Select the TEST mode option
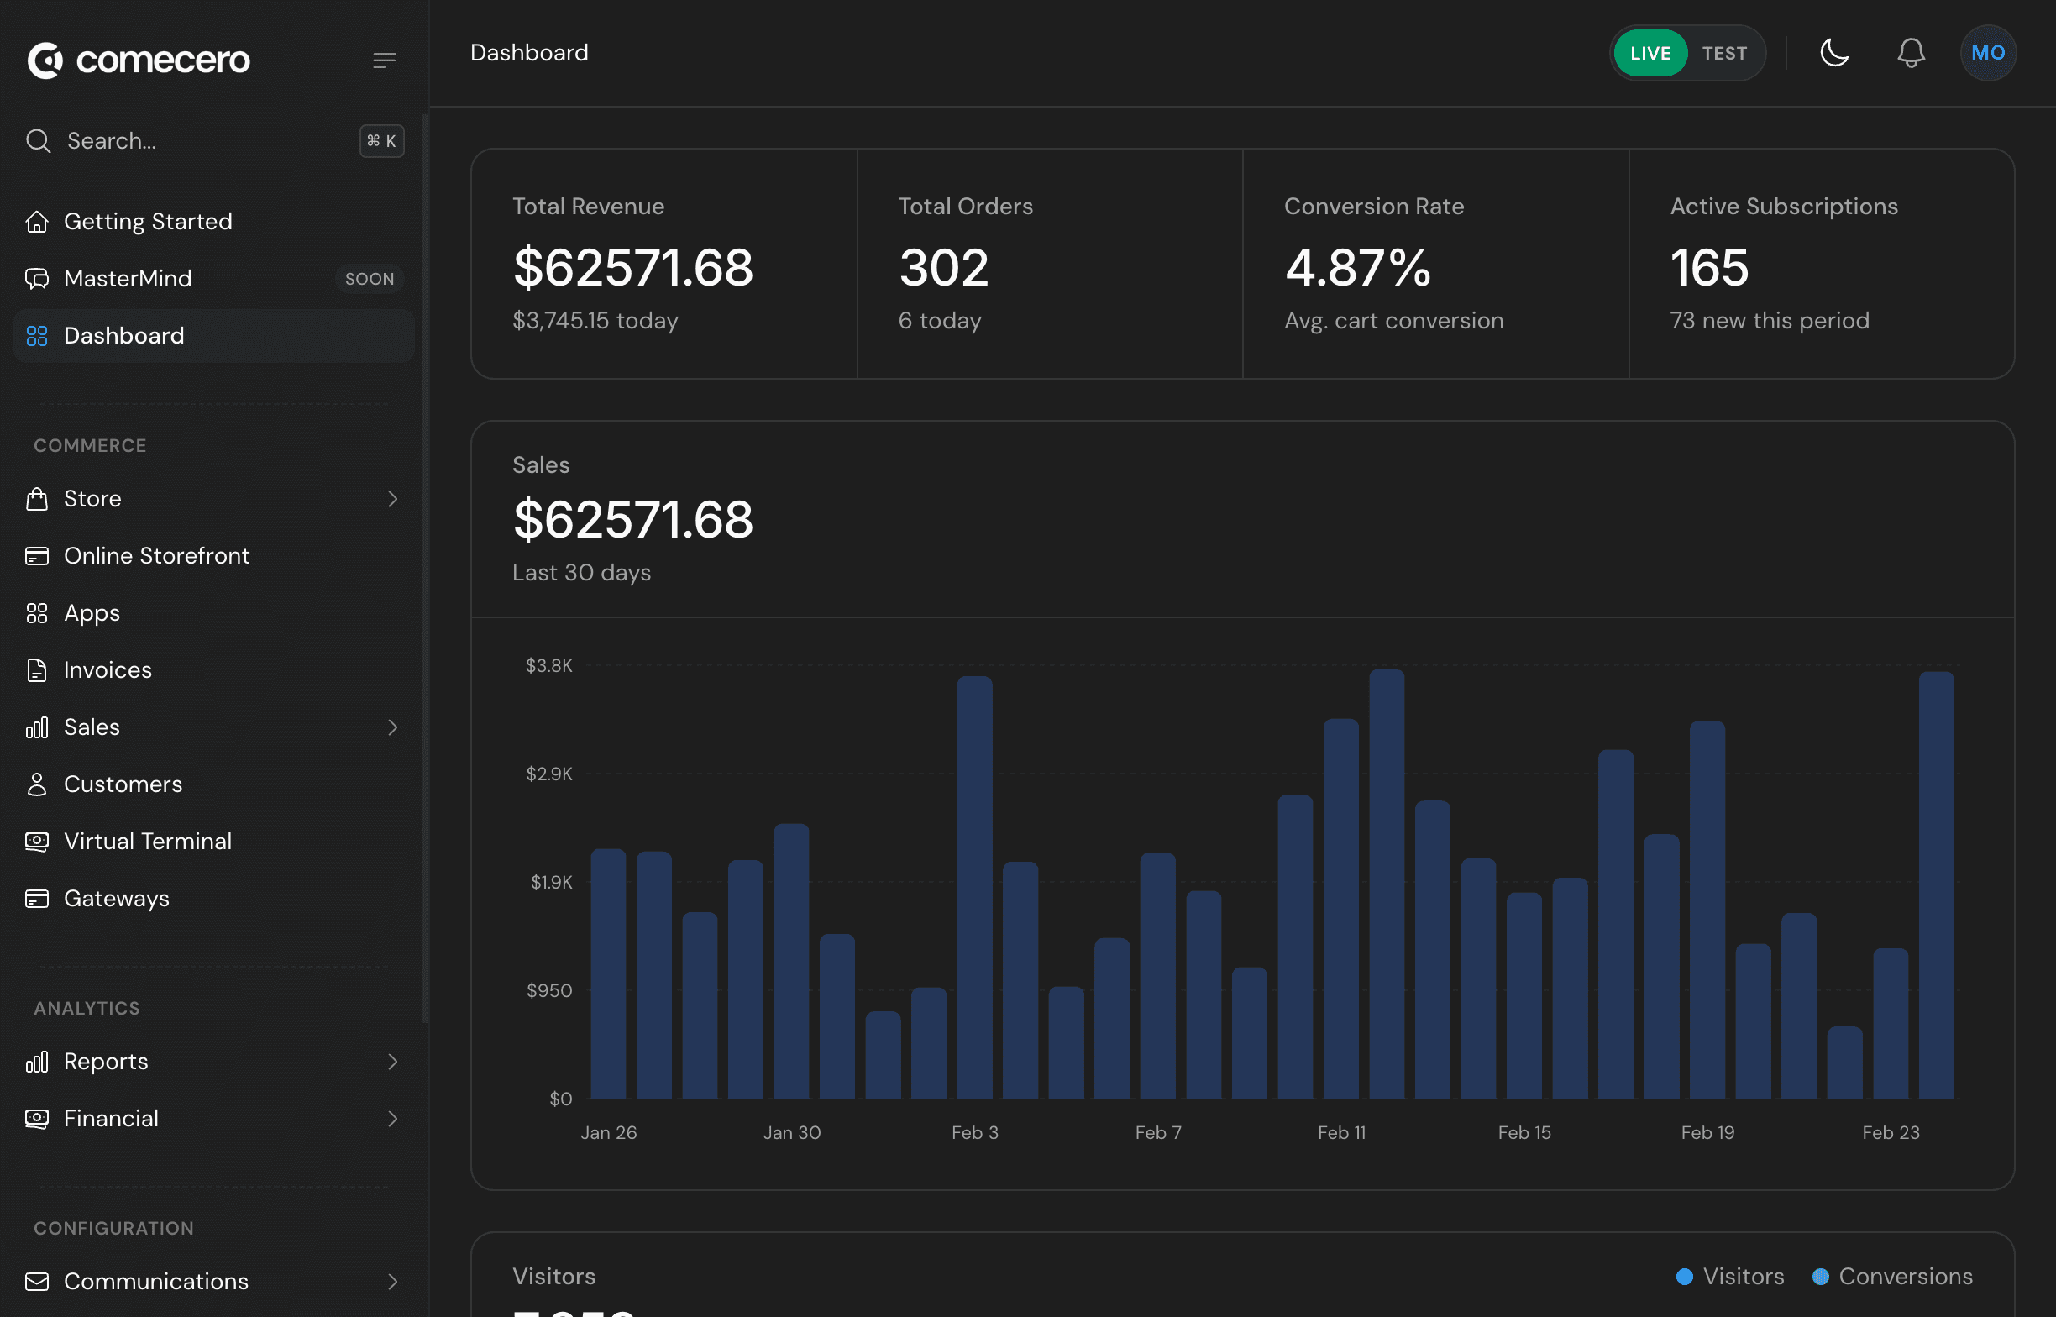tap(1723, 53)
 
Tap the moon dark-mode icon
tap(1833, 53)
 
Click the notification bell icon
tap(1911, 53)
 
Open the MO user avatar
tap(1988, 53)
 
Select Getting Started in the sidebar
tap(148, 222)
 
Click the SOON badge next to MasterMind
tap(370, 279)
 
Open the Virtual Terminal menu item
tap(148, 842)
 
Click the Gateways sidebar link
tap(116, 899)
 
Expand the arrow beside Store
tap(392, 499)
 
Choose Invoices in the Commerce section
tap(108, 670)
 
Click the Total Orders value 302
tap(943, 268)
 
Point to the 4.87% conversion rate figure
tap(1357, 268)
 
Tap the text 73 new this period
tap(1769, 321)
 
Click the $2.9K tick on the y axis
tap(548, 774)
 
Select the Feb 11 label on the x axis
tap(1341, 1132)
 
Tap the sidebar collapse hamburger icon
tap(384, 60)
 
